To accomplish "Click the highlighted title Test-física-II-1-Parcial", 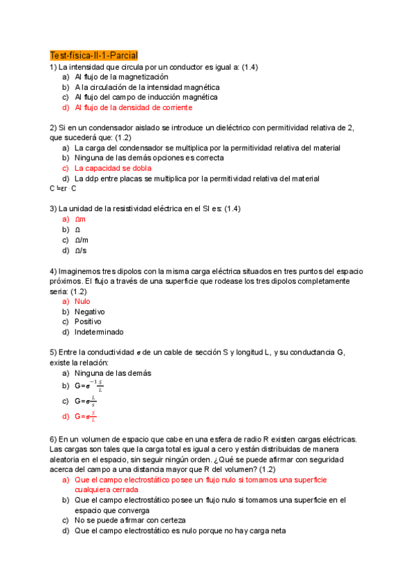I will pos(94,55).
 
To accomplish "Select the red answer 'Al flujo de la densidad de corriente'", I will pos(133,108).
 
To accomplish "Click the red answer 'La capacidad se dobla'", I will pos(113,168).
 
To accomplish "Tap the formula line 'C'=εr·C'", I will pos(64,188).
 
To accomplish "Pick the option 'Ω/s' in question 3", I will pos(82,250).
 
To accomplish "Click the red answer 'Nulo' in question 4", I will pos(82,301).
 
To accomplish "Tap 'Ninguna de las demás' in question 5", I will pos(113,373).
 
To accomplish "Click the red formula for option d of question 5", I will pos(85,417).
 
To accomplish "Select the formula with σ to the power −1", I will pos(89,386).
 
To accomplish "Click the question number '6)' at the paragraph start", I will pos(54,440).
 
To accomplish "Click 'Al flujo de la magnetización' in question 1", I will pos(121,78).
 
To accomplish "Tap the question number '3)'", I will pos(54,208).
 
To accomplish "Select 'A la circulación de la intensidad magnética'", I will pos(147,87).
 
